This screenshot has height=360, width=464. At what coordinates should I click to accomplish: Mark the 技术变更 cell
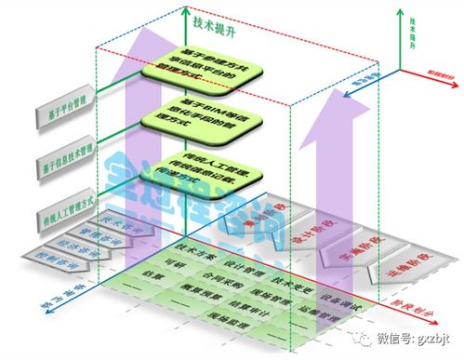(x=289, y=276)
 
